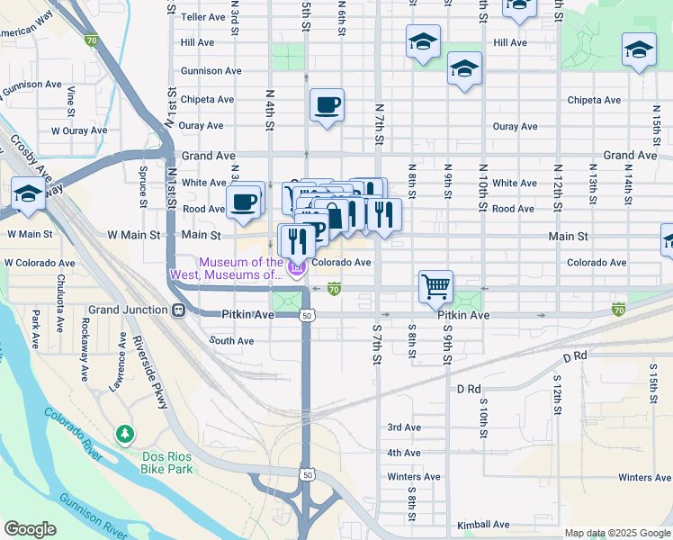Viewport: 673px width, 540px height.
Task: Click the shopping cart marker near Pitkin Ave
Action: click(435, 287)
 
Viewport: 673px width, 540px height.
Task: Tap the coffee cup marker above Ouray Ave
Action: click(327, 105)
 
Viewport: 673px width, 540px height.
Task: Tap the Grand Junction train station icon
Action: click(179, 310)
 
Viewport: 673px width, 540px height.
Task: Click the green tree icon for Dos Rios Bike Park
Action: click(124, 436)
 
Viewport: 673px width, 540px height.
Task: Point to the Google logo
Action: click(31, 529)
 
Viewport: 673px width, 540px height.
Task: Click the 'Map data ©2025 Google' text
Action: click(616, 533)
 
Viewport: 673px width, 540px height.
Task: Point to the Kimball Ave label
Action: click(482, 525)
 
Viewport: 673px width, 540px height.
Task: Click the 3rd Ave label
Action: click(404, 427)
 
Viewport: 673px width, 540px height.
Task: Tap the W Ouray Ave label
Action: click(78, 130)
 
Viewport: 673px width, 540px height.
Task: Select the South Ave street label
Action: click(231, 341)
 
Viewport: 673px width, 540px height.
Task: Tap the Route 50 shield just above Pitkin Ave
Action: click(308, 316)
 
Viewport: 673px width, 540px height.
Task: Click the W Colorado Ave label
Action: click(38, 263)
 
